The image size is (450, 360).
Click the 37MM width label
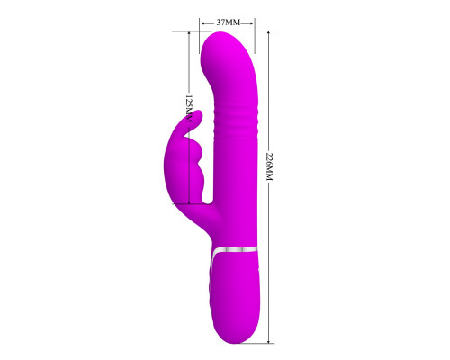click(229, 22)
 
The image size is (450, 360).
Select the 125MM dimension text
click(189, 109)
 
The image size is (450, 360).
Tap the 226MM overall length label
click(269, 166)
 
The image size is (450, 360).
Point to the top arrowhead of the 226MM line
click(269, 33)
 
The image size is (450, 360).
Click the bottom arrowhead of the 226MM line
click(269, 340)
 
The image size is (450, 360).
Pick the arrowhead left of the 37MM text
click(203, 23)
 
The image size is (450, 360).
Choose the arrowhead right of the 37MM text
click(251, 23)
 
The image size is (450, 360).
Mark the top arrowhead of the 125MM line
click(189, 34)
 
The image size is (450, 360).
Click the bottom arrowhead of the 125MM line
click(189, 202)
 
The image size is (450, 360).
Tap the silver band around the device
click(234, 250)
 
